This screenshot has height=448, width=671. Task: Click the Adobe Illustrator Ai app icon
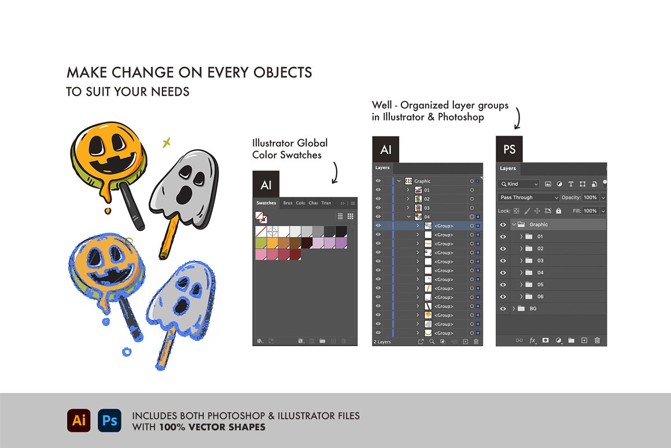79,420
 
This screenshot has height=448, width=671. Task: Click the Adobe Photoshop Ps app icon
109,420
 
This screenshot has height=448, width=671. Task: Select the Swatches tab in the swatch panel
266,203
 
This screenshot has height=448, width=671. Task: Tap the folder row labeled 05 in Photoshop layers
551,284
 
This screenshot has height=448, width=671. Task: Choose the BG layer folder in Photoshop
551,309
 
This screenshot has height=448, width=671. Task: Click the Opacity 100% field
590,197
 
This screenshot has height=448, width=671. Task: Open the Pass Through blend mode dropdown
529,197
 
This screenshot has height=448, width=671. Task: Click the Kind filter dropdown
519,183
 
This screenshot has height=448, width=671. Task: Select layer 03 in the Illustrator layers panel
427,208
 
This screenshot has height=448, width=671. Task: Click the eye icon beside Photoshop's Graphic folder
503,225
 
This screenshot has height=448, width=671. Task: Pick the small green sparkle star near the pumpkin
167,142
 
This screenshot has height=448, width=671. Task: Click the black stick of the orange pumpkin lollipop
132,205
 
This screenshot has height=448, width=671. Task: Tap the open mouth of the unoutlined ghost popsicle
183,194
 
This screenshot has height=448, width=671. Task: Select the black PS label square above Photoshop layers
509,149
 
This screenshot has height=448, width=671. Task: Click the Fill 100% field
590,211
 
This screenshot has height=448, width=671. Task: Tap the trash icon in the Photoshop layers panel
598,340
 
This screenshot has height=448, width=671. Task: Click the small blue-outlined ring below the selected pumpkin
127,352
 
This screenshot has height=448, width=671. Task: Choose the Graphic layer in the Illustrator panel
422,181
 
